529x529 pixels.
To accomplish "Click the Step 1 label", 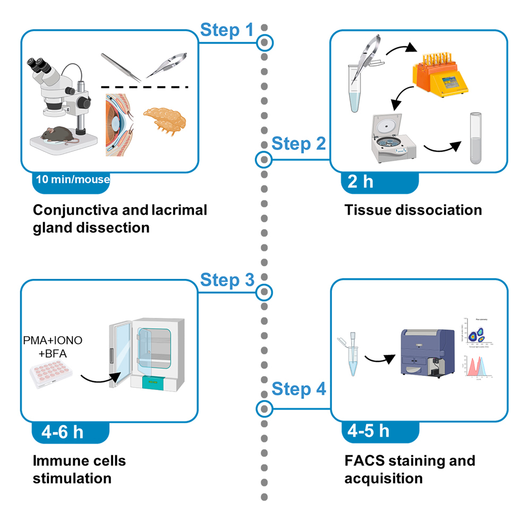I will point(227,30).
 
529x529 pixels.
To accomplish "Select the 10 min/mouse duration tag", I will point(71,180).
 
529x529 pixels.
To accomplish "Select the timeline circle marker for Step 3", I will point(264,292).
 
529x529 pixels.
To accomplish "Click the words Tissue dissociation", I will point(413,210).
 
